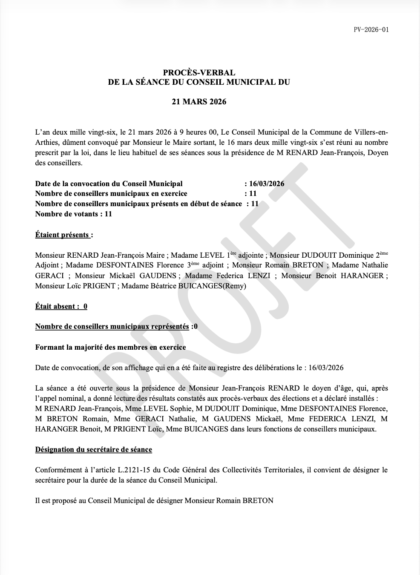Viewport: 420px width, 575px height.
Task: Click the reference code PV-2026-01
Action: [x=371, y=29]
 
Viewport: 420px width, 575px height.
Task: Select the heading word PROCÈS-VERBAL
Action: [x=199, y=73]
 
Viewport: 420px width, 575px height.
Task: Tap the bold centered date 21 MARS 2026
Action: [x=199, y=102]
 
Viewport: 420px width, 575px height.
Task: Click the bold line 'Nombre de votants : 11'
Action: [x=73, y=214]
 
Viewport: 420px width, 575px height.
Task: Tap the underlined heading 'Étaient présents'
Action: [x=62, y=235]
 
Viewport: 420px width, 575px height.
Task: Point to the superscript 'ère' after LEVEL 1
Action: [x=233, y=253]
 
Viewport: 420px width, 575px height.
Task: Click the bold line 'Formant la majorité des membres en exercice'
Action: [x=110, y=347]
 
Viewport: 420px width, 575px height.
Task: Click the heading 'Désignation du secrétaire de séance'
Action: [x=93, y=449]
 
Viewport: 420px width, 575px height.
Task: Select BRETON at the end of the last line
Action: [x=258, y=500]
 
